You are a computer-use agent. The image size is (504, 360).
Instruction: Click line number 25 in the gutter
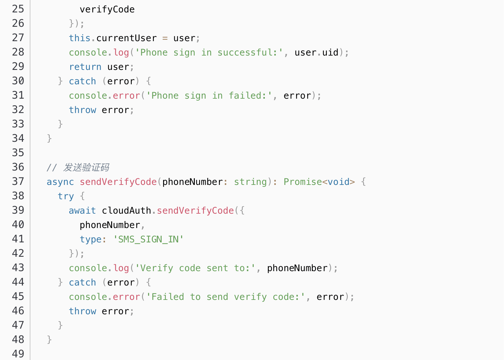tap(18, 9)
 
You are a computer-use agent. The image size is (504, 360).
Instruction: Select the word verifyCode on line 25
tap(107, 9)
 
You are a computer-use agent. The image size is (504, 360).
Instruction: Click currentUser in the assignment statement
tap(126, 38)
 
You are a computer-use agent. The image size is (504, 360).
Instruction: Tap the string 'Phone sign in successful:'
tap(209, 53)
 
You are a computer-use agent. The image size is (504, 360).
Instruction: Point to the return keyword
tap(85, 67)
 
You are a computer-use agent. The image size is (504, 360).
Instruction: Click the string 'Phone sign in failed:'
tap(209, 96)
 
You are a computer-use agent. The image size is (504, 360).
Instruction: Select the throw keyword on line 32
tap(82, 110)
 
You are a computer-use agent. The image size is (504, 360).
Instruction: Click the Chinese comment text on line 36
tap(86, 168)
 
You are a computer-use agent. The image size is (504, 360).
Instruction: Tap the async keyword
tap(60, 182)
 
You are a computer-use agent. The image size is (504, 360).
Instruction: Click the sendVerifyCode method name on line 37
tap(118, 182)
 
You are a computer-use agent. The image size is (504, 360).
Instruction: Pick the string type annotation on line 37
tap(250, 182)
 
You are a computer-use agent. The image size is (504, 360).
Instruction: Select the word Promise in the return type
tap(303, 182)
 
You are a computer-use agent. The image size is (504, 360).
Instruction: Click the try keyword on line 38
tap(66, 196)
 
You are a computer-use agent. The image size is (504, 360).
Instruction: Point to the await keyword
tap(82, 211)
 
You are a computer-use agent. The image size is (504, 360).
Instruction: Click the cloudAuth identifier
tap(126, 211)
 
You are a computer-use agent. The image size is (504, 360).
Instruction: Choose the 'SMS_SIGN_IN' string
tap(148, 239)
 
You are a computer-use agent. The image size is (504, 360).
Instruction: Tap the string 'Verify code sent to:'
tap(195, 268)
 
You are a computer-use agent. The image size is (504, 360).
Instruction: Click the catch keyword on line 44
tap(82, 283)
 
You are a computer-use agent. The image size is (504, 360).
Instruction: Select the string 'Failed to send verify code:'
tap(226, 297)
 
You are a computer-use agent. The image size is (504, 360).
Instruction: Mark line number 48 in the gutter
tap(18, 339)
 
